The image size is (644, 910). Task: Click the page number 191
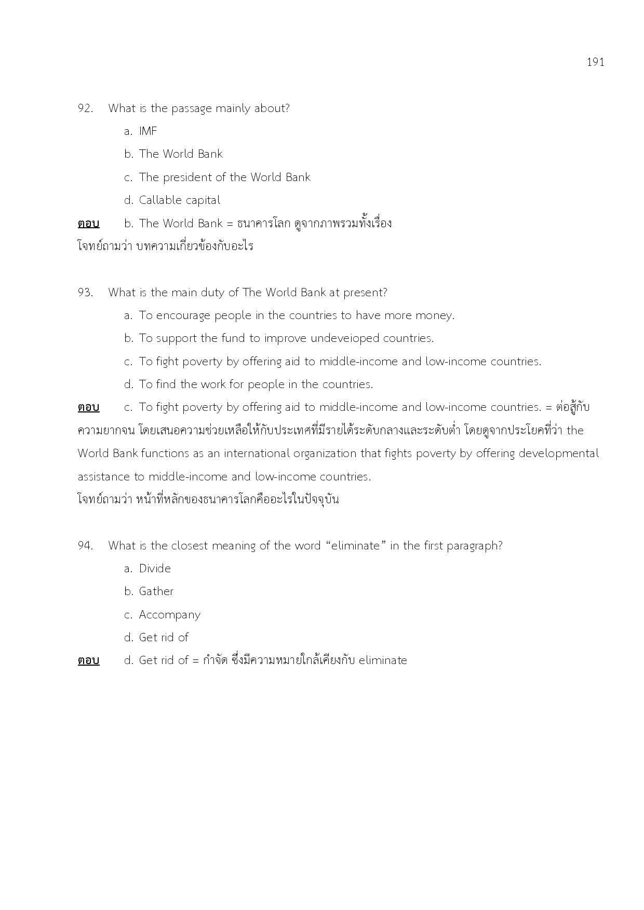pyautogui.click(x=595, y=62)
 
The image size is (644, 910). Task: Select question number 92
pyautogui.click(x=86, y=108)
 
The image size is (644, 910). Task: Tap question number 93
pyautogui.click(x=86, y=293)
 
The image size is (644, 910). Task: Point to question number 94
pyautogui.click(x=86, y=546)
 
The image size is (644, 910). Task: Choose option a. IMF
pyautogui.click(x=141, y=131)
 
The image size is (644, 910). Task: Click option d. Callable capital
pyautogui.click(x=172, y=200)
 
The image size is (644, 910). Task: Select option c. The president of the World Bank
pyautogui.click(x=217, y=177)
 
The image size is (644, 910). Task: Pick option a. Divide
pyautogui.click(x=147, y=569)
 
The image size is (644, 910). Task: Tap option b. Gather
pyautogui.click(x=149, y=591)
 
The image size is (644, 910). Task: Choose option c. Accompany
pyautogui.click(x=163, y=615)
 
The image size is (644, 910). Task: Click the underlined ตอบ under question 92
pyautogui.click(x=89, y=224)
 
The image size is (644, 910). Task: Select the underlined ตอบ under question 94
pyautogui.click(x=89, y=660)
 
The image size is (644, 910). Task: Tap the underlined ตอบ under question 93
pyautogui.click(x=89, y=407)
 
